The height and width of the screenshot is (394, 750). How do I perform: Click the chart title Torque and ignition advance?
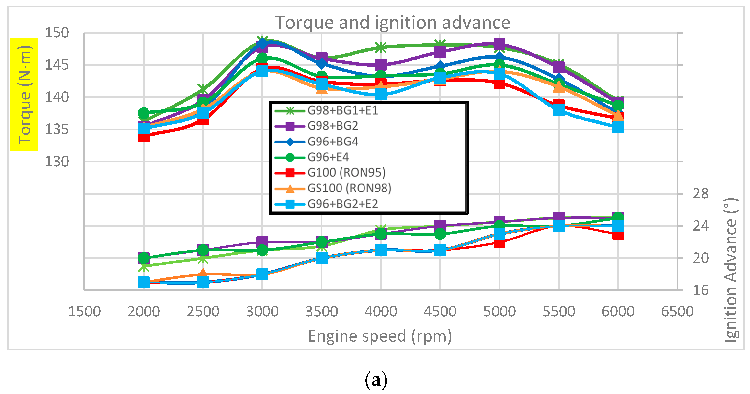click(x=392, y=23)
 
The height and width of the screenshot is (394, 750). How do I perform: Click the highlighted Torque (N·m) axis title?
click(x=24, y=95)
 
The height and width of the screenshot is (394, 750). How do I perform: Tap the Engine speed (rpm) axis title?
click(x=380, y=336)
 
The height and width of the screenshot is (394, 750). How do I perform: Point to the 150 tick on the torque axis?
click(x=57, y=33)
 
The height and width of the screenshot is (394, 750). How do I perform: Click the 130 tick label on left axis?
click(x=57, y=161)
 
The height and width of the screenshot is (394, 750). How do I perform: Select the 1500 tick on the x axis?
click(x=84, y=311)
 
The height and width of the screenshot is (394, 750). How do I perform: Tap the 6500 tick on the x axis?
click(x=677, y=311)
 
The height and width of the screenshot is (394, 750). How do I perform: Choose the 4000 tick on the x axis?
click(x=381, y=311)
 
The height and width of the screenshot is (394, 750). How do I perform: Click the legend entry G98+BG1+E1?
click(x=342, y=110)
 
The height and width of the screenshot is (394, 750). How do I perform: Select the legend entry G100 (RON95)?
click(x=346, y=173)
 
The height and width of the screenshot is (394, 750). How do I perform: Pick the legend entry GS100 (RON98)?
click(x=349, y=188)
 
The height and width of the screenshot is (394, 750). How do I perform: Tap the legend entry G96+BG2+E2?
click(x=342, y=204)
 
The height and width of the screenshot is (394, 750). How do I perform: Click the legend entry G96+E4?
click(x=328, y=157)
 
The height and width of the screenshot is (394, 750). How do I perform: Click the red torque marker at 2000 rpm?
click(x=144, y=136)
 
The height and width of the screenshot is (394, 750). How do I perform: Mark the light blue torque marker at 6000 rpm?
click(x=618, y=127)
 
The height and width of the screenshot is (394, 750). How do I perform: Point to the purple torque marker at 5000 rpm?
click(x=499, y=45)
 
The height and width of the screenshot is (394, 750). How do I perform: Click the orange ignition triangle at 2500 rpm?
click(x=203, y=273)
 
